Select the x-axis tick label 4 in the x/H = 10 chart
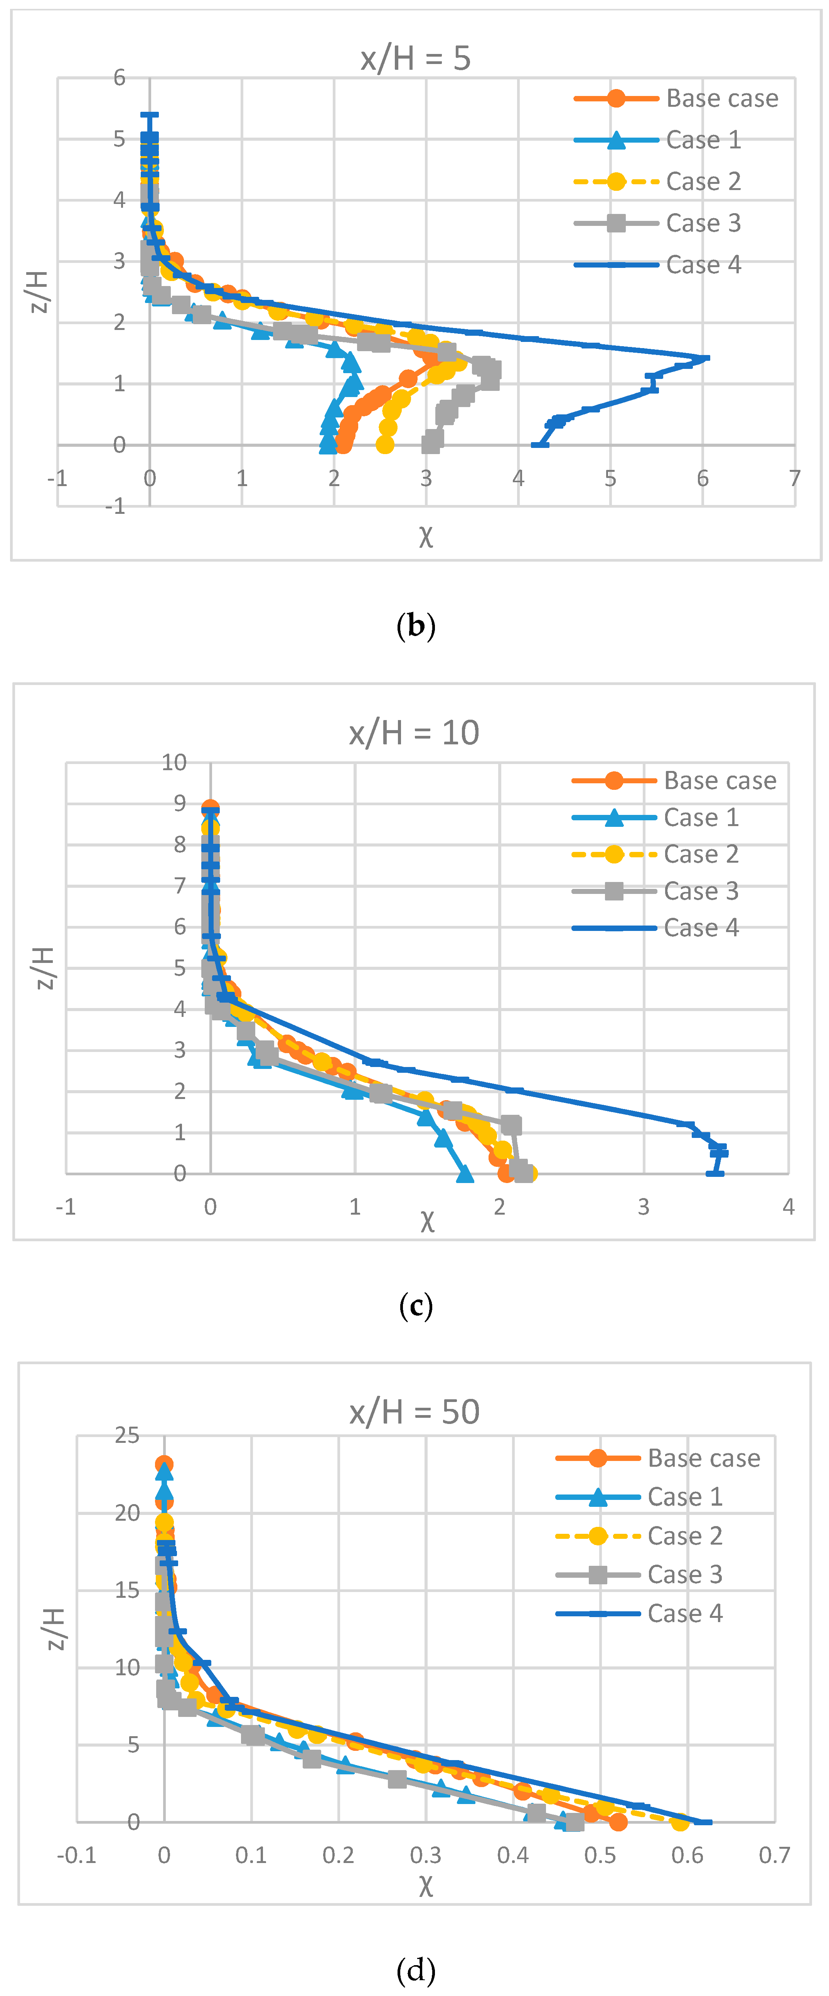click(788, 1207)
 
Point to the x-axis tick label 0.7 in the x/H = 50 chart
click(774, 1855)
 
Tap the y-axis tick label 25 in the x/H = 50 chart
click(127, 1435)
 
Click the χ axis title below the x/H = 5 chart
click(425, 536)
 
